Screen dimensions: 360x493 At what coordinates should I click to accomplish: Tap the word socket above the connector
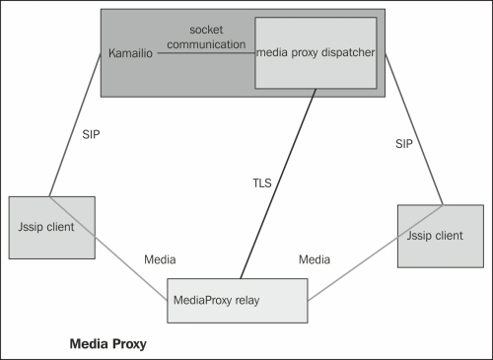point(205,30)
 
